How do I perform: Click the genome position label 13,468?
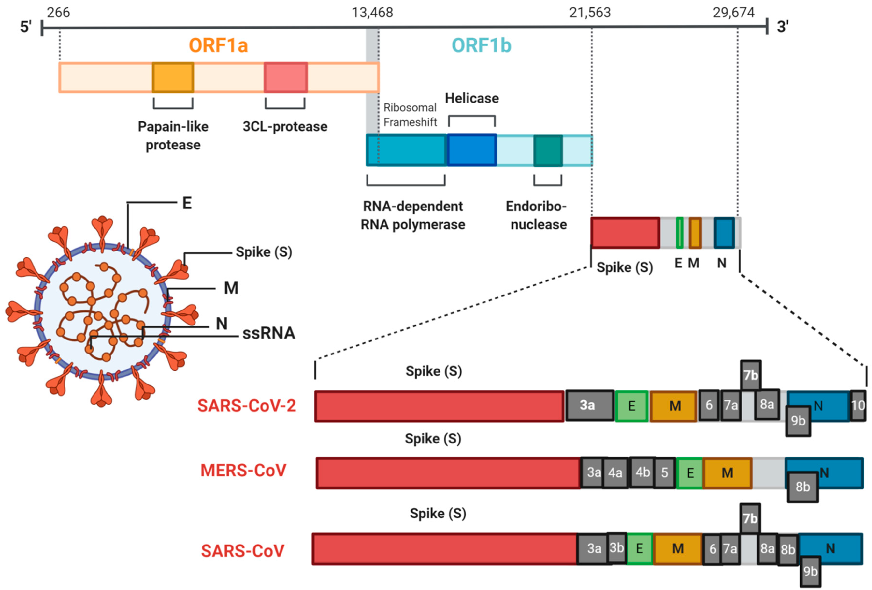372,13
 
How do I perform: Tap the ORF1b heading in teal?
481,45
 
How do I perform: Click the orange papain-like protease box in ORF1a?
173,77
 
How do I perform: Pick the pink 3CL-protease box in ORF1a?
286,77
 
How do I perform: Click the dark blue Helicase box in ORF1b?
472,150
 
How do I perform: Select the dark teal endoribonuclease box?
548,151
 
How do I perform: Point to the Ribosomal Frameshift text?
410,115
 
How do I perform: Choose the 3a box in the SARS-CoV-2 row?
590,406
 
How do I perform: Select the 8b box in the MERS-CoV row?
803,487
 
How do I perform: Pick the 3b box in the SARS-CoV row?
616,548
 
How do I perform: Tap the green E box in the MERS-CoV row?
690,473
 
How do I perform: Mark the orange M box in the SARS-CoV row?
678,549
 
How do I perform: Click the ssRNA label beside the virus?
269,333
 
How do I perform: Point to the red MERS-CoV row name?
243,471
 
